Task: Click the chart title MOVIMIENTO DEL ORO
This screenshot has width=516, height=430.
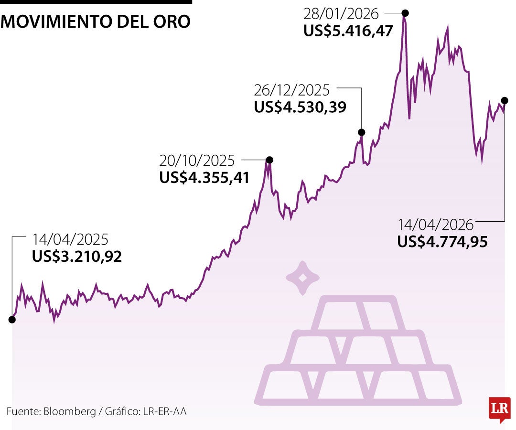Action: tap(96, 21)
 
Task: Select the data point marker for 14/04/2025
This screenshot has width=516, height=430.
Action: tap(12, 320)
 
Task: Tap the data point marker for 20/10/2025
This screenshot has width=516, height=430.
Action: tap(269, 160)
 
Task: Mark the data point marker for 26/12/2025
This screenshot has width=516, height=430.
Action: tap(362, 132)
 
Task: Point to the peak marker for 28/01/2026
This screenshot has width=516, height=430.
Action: tap(405, 13)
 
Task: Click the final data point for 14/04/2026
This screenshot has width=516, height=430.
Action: tap(505, 100)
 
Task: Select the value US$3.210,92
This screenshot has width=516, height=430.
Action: tap(77, 257)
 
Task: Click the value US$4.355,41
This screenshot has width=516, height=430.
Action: tap(204, 178)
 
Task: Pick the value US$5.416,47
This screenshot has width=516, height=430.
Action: tap(348, 31)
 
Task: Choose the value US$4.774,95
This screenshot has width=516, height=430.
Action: tap(442, 242)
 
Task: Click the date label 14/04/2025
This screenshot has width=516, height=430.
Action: tap(70, 239)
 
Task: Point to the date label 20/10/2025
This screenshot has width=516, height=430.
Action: tap(197, 160)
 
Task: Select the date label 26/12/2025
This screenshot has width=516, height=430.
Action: tap(292, 90)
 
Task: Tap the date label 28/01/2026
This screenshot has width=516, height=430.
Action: tap(341, 13)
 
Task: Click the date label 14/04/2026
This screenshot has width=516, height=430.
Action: tap(436, 225)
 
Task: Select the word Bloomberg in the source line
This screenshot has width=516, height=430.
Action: tap(70, 411)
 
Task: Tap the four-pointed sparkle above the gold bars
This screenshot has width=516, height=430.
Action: tap(302, 278)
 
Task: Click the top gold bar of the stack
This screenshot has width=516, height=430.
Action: tap(358, 313)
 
